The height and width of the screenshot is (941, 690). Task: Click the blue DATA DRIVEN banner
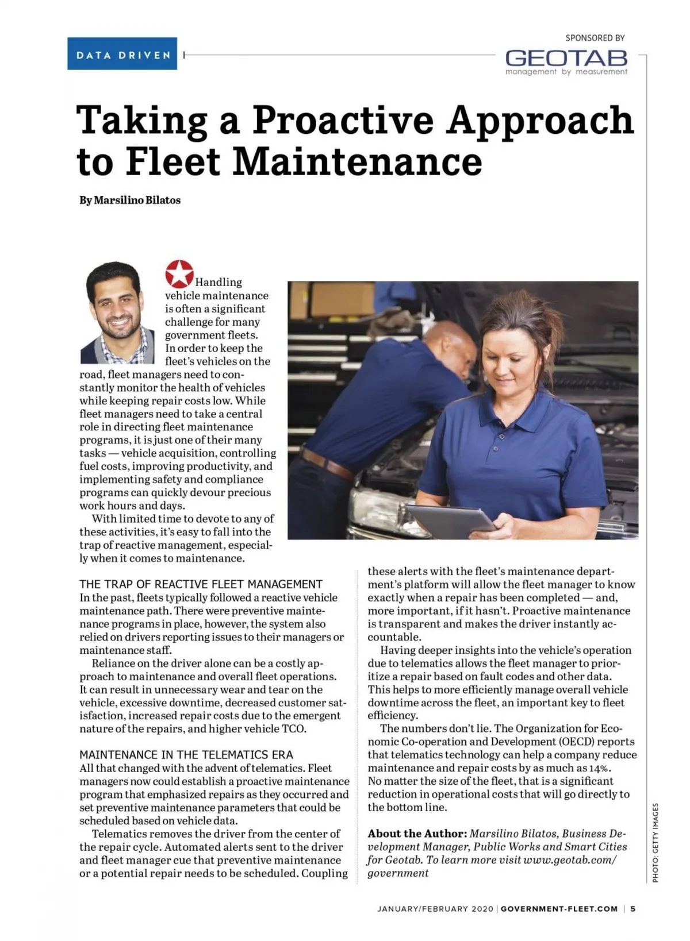pos(122,54)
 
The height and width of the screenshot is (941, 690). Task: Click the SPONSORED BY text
pos(595,38)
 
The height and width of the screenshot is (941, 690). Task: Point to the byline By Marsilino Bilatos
pos(130,200)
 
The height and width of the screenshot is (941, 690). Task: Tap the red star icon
pos(179,274)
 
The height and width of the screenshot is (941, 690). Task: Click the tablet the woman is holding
pos(450,520)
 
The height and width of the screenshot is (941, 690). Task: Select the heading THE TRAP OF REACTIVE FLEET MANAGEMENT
pos(201,584)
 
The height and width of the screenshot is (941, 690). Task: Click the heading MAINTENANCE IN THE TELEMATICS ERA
pos(186,754)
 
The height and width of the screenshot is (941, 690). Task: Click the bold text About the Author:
pos(417,834)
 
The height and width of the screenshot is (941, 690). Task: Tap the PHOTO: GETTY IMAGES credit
pos(655,842)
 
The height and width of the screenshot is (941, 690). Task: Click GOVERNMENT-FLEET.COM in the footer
pos(559,909)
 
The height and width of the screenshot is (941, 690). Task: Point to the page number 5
pos(632,909)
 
